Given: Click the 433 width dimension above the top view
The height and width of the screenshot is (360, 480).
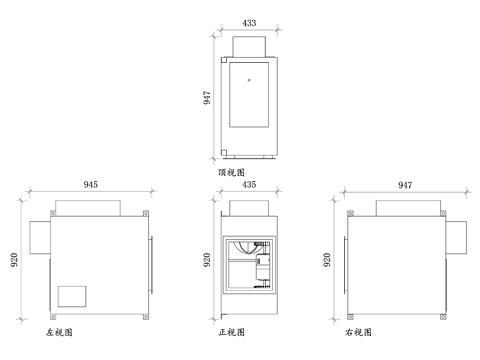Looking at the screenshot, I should click(x=249, y=22).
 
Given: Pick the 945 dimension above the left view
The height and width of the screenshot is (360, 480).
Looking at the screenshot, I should click(x=91, y=184).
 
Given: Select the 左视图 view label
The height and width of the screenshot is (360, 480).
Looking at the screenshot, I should click(x=59, y=331).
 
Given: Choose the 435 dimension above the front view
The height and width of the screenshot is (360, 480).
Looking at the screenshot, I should click(x=249, y=184).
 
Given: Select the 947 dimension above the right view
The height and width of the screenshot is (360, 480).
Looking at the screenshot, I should click(x=405, y=184).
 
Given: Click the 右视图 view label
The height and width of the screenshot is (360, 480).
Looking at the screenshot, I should click(x=357, y=331).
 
